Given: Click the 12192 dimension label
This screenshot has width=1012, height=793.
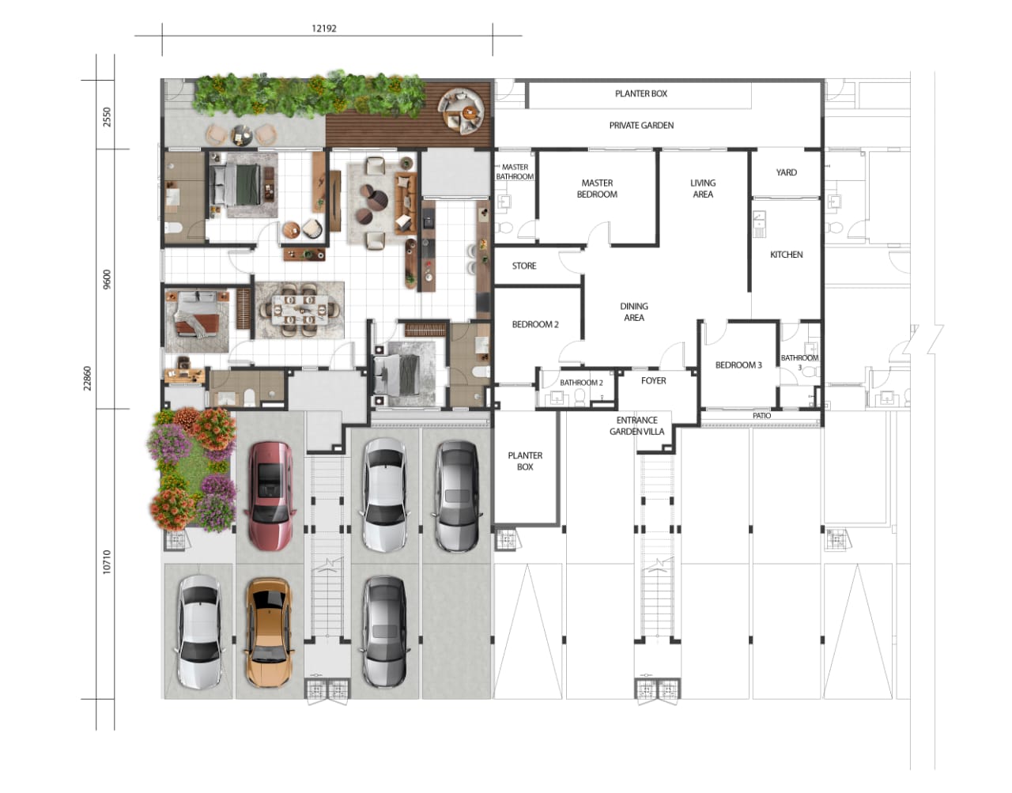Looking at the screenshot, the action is (323, 28).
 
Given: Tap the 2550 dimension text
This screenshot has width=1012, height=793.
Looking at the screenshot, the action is (107, 117).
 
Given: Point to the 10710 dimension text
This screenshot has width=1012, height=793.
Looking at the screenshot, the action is (107, 561).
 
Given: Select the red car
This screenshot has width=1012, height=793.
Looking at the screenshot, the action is (270, 495).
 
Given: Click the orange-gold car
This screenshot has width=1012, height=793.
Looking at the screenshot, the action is (269, 633).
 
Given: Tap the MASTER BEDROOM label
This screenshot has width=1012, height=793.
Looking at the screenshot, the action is (597, 189).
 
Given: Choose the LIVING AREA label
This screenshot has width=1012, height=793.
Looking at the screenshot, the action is (703, 189).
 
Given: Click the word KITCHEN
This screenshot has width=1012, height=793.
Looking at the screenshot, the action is (786, 255).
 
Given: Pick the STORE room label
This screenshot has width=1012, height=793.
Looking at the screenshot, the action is (524, 266).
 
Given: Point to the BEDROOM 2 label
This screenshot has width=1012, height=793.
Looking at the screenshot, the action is (535, 325).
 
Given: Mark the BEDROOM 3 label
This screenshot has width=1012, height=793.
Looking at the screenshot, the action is (738, 365).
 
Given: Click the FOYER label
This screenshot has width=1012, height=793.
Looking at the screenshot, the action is (653, 381).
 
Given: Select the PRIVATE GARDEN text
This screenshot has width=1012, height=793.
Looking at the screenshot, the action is (641, 125).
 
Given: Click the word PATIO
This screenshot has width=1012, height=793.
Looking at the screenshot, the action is (762, 416).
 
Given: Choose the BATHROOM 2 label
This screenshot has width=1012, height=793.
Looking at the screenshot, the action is (581, 383).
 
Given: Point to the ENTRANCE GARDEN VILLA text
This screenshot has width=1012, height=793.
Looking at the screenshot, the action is (636, 426).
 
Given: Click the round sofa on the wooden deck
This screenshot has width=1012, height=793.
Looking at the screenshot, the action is (461, 111).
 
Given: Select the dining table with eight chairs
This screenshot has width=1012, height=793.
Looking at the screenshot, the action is (300, 310).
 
